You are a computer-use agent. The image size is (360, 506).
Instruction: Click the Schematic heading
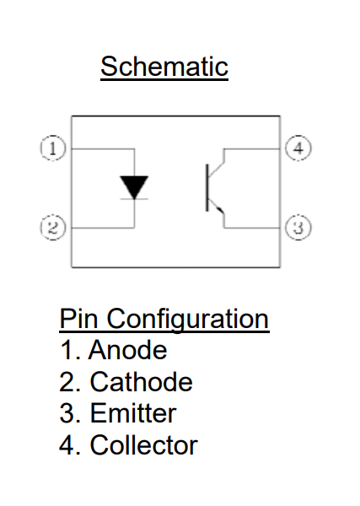[x=164, y=67]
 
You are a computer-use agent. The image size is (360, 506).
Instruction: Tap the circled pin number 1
[x=53, y=148]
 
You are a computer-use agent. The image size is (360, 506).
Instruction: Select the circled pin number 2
[x=53, y=228]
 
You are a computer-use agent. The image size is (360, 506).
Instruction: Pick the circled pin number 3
[x=298, y=227]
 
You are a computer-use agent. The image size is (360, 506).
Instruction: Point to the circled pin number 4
[x=298, y=148]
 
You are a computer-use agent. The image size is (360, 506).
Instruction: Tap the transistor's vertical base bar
[x=207, y=187]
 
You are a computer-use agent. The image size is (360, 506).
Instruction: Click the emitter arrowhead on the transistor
[x=220, y=210]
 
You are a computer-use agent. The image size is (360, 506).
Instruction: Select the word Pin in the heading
[x=78, y=319]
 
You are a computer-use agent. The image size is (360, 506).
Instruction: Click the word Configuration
[x=188, y=320]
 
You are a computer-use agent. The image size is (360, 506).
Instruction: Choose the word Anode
[x=128, y=350]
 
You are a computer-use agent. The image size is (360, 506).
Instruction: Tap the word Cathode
[x=142, y=381]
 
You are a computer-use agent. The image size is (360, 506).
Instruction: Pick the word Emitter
[x=133, y=413]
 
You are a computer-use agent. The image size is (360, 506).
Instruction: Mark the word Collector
[x=144, y=444]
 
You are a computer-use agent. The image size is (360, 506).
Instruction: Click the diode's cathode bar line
[x=134, y=199]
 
